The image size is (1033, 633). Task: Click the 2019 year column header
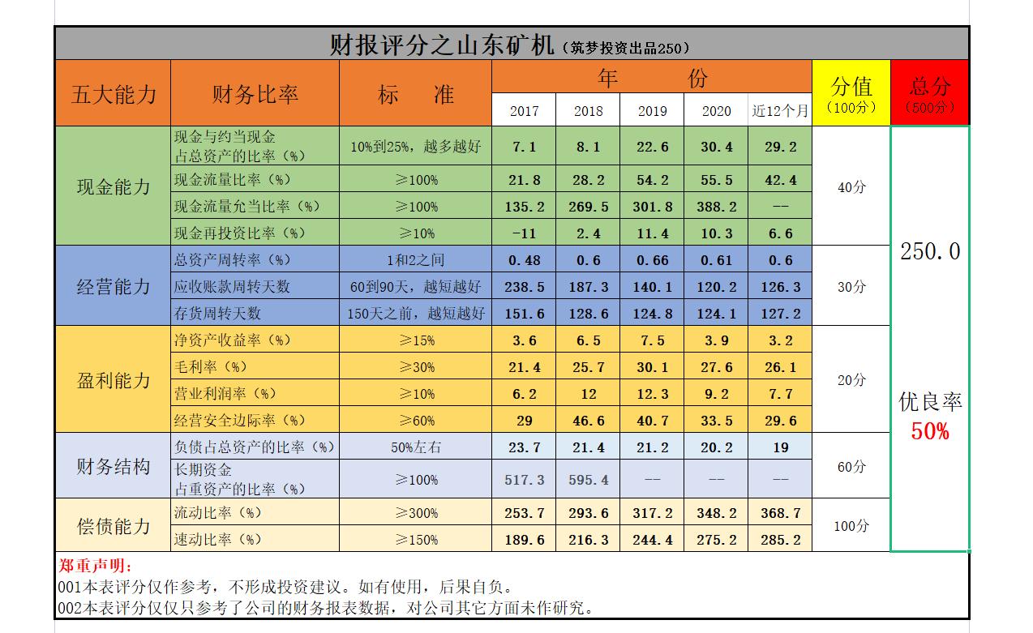652,111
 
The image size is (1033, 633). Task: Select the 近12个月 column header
780,111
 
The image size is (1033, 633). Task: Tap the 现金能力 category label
114,187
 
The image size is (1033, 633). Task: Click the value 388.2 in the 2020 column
716,207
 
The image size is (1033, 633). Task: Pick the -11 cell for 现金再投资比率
524,233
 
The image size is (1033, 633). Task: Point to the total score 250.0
930,251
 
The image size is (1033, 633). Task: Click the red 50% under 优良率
929,431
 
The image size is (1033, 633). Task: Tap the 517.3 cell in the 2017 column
524,480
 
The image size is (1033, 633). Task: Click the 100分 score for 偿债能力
851,526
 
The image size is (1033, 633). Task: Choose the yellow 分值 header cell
851,92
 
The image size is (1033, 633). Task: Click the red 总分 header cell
930,92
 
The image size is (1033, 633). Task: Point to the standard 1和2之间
415,260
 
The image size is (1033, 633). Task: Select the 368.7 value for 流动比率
780,513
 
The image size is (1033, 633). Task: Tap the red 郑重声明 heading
95,566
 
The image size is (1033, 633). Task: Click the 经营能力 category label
114,286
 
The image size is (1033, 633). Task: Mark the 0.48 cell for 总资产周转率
524,260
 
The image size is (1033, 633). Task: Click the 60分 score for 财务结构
851,467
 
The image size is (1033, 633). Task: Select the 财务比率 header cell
255,94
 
